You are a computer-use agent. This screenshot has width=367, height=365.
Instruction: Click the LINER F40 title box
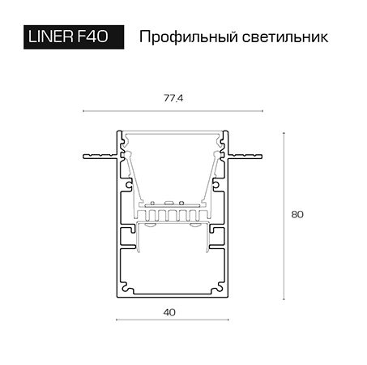74,37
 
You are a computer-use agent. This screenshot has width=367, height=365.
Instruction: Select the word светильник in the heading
285,37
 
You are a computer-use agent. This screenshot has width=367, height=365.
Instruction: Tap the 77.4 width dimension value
173,98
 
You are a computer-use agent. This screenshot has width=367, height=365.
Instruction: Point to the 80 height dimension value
297,214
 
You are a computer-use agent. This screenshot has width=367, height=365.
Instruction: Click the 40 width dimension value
169,312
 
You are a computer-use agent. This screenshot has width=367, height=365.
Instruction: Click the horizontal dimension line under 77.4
173,111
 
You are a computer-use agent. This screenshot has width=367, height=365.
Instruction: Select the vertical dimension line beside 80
284,216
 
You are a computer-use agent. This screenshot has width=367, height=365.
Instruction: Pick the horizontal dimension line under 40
173,320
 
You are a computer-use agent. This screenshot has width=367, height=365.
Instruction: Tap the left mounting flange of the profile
100,157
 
